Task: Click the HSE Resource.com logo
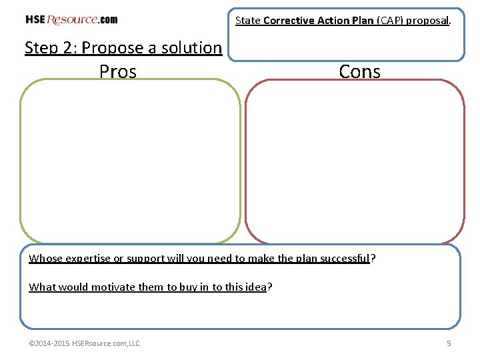click(x=71, y=19)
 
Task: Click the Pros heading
click(x=118, y=71)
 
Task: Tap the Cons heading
click(x=359, y=71)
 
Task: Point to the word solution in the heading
click(x=191, y=48)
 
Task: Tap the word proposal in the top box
click(x=428, y=21)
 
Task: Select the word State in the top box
click(x=247, y=21)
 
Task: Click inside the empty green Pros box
click(x=129, y=160)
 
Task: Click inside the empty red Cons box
click(x=355, y=160)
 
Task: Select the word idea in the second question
click(x=255, y=287)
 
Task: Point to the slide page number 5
click(x=449, y=343)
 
